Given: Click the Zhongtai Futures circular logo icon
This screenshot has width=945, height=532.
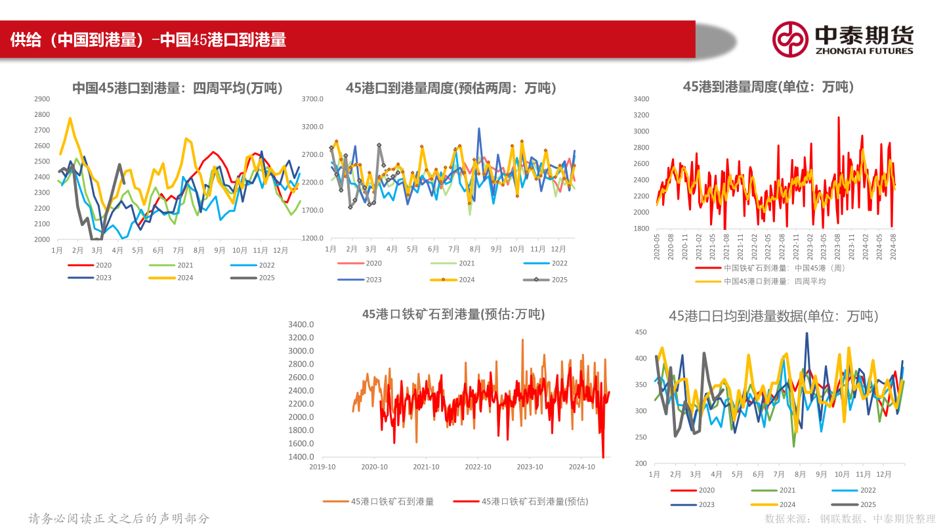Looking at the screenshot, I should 789,39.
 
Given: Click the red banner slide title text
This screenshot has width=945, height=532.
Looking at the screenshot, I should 148,40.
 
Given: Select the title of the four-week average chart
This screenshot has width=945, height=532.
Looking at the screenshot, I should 177,88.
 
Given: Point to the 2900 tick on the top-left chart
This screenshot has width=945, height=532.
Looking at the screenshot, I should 41,99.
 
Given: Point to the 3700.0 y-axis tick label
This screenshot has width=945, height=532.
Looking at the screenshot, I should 313,99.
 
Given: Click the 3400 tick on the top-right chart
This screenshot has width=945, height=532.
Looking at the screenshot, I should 641,99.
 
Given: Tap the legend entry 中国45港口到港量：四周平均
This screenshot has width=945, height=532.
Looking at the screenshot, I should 761,281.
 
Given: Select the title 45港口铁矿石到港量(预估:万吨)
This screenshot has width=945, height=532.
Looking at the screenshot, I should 453,314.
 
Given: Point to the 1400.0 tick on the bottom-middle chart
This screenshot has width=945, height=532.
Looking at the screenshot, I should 301,457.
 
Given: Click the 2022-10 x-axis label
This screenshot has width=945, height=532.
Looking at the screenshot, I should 478,467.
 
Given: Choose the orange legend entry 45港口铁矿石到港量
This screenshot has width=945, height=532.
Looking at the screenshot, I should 379,501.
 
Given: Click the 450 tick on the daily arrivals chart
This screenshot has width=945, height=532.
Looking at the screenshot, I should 641,332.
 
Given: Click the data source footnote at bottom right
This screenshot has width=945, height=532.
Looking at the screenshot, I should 850,519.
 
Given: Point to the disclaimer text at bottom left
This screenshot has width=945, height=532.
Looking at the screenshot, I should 119,519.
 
